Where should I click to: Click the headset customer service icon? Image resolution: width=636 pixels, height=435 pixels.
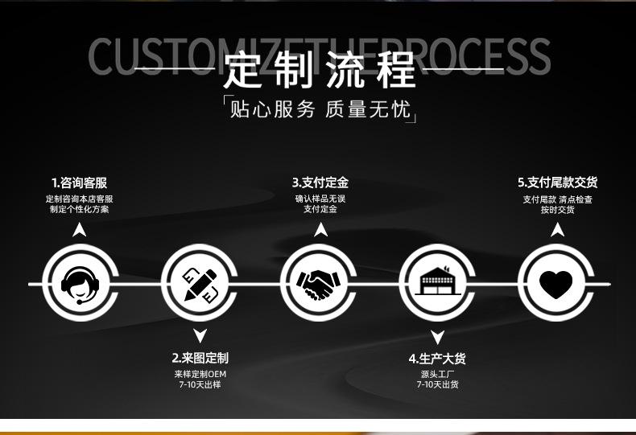click(x=79, y=283)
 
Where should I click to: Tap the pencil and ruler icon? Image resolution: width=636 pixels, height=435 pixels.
click(x=200, y=283)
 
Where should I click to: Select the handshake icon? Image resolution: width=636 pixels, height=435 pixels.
click(x=319, y=283)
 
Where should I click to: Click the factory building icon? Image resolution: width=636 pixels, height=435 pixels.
click(x=438, y=283)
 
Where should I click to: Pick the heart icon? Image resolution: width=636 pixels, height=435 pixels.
click(x=555, y=283)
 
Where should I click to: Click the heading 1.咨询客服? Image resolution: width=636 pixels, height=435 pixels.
click(x=79, y=183)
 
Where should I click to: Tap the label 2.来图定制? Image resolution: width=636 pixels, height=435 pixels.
click(x=200, y=358)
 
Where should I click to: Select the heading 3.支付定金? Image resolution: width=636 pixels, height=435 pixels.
click(x=320, y=183)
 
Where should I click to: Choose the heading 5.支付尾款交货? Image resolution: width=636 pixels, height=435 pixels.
click(x=557, y=183)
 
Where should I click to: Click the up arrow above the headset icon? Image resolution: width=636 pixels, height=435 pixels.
click(x=79, y=231)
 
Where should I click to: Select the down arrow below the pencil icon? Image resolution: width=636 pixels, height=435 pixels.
click(x=200, y=335)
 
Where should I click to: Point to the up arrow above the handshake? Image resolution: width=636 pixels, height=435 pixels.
click(x=320, y=231)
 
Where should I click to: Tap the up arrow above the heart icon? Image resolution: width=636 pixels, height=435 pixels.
click(x=557, y=231)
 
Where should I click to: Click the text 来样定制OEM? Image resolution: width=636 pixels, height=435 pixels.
click(x=200, y=374)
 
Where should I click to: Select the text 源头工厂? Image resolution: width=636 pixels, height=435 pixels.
click(x=437, y=374)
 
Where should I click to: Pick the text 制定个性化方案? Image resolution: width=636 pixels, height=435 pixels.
click(x=79, y=209)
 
